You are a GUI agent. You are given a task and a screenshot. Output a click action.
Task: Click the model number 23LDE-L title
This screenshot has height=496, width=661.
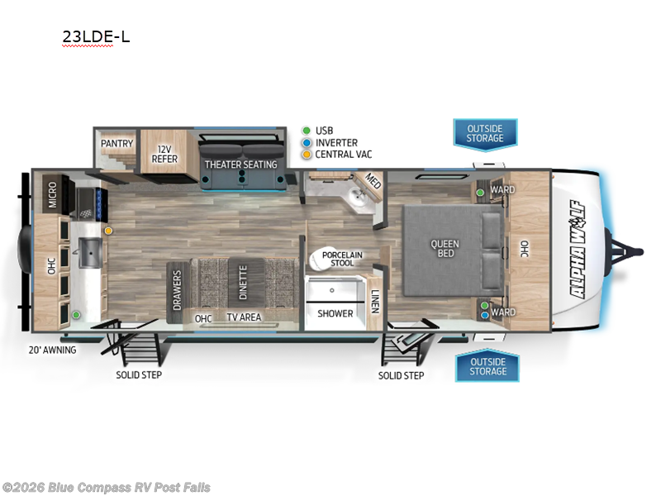click(96, 36)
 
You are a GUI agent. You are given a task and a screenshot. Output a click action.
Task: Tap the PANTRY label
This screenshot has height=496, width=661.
click(117, 143)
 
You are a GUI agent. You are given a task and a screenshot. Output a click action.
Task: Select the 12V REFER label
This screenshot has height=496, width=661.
click(164, 155)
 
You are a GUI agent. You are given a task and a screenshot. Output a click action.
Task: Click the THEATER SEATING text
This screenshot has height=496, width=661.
click(240, 164)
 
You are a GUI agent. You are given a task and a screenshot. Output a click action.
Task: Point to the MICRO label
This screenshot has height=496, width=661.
click(52, 195)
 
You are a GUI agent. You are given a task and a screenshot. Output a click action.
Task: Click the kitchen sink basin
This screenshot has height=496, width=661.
click(91, 252)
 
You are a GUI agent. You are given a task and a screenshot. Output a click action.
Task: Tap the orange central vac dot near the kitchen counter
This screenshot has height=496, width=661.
click(108, 231)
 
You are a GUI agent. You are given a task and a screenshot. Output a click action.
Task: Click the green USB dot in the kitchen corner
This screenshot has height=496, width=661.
click(76, 315)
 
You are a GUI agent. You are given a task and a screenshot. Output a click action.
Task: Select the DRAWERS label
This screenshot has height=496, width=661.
click(177, 290)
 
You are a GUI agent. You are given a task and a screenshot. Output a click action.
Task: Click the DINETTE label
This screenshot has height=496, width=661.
click(243, 283)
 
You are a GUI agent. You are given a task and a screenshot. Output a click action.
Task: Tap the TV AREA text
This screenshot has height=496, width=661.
click(244, 317)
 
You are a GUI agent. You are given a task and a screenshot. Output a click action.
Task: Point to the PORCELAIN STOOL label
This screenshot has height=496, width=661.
click(342, 259)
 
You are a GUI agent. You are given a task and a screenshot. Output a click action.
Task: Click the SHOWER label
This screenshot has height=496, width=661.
click(335, 313)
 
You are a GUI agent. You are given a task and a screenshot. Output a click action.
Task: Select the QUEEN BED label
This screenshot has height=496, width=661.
click(445, 249)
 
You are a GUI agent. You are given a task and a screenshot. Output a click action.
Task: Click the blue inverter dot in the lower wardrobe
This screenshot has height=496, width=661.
click(485, 315)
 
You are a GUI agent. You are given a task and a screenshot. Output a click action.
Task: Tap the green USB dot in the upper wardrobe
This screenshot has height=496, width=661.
click(480, 193)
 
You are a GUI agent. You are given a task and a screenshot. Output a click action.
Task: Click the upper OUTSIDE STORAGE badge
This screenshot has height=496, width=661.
click(485, 134)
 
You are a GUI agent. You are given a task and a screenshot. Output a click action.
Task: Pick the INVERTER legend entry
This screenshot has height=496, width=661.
click(336, 143)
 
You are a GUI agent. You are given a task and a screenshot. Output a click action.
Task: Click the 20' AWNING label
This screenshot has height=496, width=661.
click(52, 350)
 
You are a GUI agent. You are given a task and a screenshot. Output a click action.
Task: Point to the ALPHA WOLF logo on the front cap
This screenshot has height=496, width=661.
click(577, 250)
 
